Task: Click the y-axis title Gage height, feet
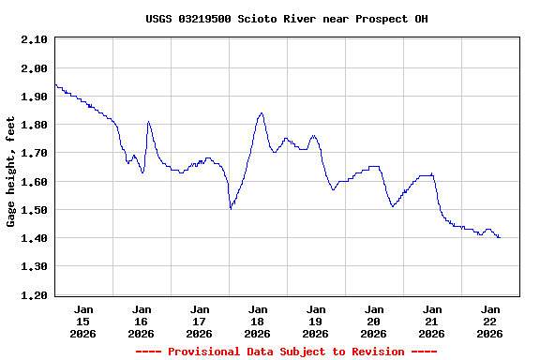(11, 172)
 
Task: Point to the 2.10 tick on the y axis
(34, 39)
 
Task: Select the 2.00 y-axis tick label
(34, 68)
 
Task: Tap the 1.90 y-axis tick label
(34, 97)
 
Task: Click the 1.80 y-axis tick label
(34, 125)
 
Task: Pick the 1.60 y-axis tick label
(34, 182)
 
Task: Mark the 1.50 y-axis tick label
(34, 210)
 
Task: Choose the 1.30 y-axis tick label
(34, 267)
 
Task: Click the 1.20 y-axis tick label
(34, 295)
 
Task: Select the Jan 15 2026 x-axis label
(83, 321)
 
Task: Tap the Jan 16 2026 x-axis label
(142, 321)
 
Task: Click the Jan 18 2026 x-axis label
(258, 321)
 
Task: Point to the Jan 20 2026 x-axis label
(374, 321)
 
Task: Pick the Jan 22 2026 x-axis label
(489, 321)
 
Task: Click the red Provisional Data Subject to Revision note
(286, 352)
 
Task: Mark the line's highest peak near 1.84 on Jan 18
(261, 113)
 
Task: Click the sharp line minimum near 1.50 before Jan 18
(231, 208)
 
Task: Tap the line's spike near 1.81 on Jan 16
(148, 122)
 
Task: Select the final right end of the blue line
(500, 237)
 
